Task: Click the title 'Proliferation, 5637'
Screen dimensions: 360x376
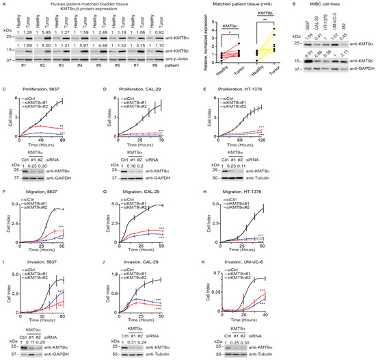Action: point(53,98)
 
